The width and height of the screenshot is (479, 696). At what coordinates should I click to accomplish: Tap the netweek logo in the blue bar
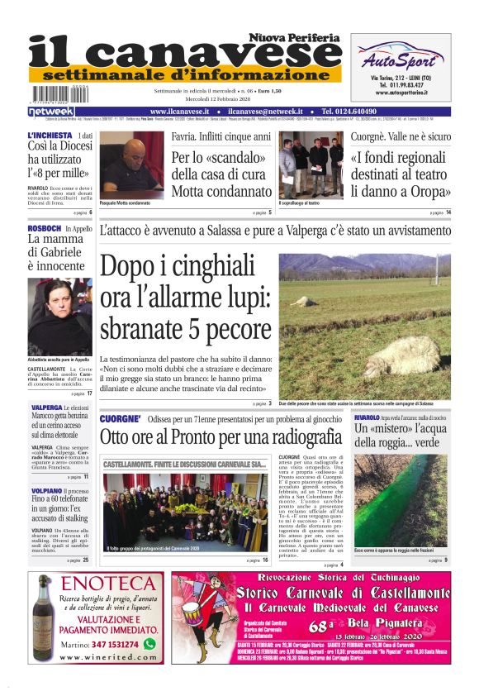click(50, 111)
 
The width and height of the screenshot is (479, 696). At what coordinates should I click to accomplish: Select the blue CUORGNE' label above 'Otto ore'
click(121, 419)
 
